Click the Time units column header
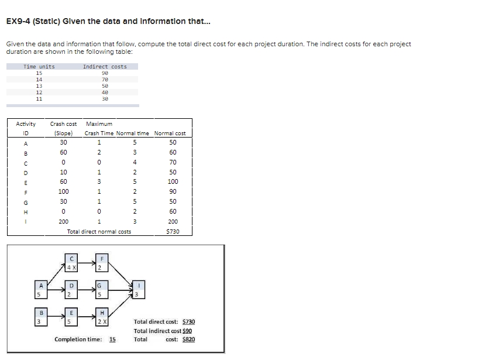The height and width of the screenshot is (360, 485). coord(39,66)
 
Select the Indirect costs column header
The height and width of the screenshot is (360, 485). coord(105,66)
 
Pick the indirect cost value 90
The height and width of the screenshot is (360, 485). coord(105,73)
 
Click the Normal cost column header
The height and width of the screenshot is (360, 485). coord(169,133)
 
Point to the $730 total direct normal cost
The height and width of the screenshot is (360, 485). coord(173,231)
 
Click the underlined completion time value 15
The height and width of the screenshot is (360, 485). coord(112,340)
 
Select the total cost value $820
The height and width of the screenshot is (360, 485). coord(188,340)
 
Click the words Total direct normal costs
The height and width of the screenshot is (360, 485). coord(99,231)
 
